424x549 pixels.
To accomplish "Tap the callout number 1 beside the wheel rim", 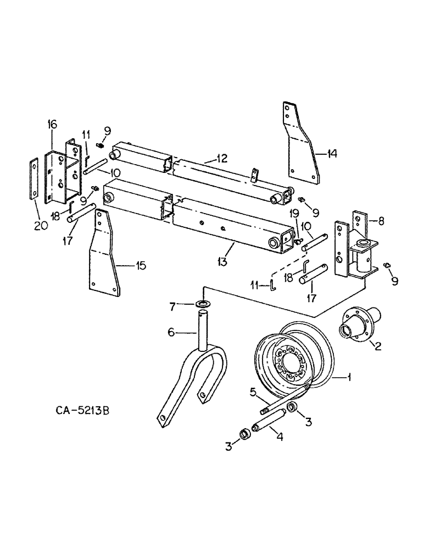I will [350, 377].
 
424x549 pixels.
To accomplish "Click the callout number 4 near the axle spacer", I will [280, 438].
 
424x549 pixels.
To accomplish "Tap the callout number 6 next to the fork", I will [171, 332].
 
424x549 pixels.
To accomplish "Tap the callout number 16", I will [52, 125].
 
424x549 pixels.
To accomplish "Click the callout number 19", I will [294, 214].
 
